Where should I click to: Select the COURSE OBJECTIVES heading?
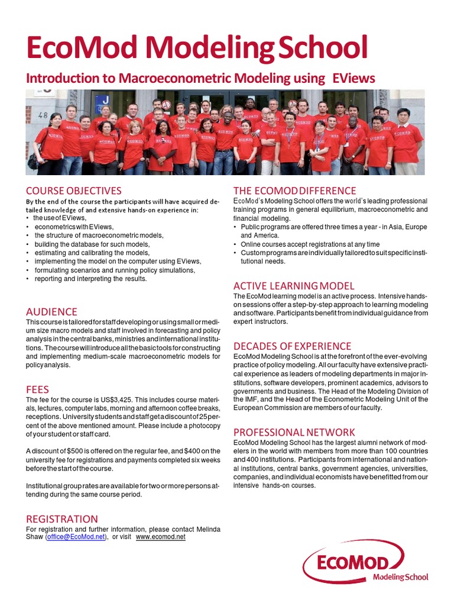73,191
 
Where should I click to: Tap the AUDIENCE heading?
51,311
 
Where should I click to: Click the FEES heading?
37,389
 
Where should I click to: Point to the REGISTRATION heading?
62,519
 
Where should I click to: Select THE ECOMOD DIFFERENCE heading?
294,191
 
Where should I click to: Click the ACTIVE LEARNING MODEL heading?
294,286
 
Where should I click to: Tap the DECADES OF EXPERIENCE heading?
292,346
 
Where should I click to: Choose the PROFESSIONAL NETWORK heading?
294,431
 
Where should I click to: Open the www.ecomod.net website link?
161,537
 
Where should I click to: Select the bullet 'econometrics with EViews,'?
74,227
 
